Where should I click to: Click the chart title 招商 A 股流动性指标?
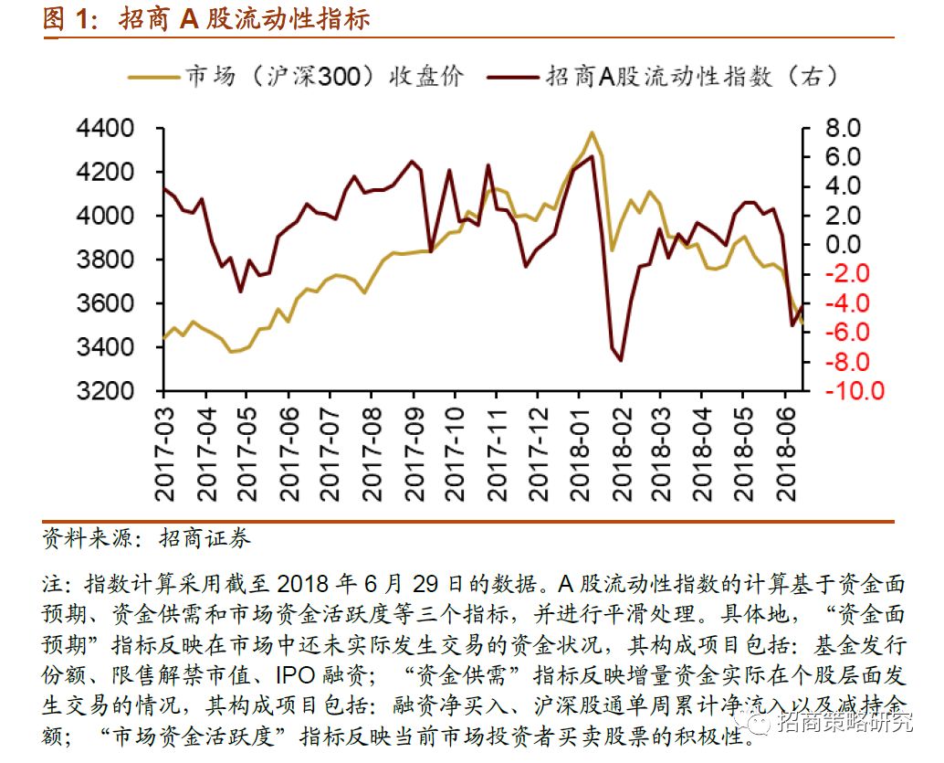coord(244,18)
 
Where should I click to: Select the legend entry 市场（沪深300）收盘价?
coord(324,76)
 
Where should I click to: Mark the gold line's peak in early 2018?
coord(593,132)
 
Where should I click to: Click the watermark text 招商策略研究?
coord(844,723)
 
